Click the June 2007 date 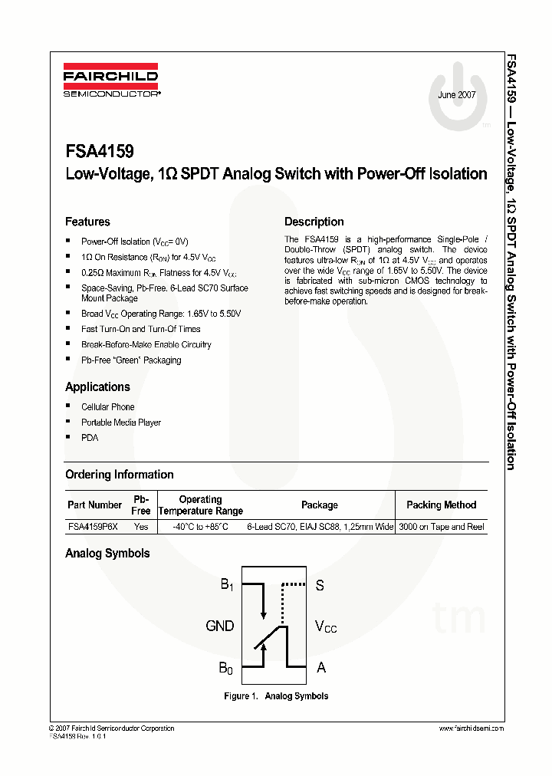tap(457, 95)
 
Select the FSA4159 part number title tap(99, 153)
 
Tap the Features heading tap(87, 222)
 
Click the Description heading tap(314, 222)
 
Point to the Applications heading tap(97, 386)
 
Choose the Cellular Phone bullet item tap(107, 407)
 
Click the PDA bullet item tap(90, 438)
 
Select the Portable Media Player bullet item tap(121, 423)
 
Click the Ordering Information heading tap(119, 475)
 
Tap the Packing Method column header tap(441, 505)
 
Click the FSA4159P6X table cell tap(93, 527)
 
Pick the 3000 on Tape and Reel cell tap(442, 527)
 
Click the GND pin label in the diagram tap(220, 626)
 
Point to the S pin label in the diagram tap(320, 586)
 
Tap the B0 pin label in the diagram tap(225, 669)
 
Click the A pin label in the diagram tap(321, 668)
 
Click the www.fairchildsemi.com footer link tap(472, 728)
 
